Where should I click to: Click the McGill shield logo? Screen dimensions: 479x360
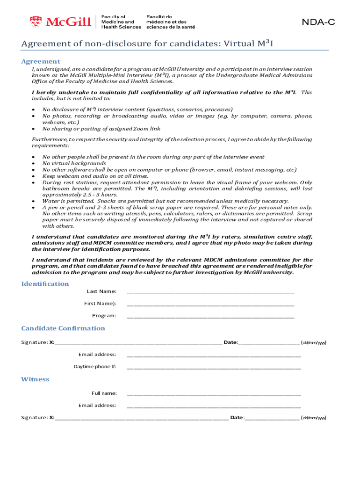(36, 22)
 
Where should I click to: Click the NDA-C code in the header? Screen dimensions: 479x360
(318, 22)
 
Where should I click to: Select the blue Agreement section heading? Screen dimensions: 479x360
(41, 61)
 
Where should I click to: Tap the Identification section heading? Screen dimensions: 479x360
(45, 284)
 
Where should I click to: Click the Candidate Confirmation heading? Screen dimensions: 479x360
(63, 328)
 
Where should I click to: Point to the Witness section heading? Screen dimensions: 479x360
(35, 379)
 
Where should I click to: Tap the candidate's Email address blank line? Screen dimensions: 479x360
(214, 355)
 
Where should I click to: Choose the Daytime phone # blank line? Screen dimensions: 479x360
(214, 367)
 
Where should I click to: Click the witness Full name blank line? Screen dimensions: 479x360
(214, 394)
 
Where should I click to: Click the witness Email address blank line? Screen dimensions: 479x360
(214, 406)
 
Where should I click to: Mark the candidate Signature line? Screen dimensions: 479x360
(138, 343)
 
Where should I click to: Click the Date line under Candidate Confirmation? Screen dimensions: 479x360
(269, 343)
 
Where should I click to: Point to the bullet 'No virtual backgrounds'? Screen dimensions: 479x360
(74, 163)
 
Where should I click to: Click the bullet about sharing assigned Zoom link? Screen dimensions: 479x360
(101, 129)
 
